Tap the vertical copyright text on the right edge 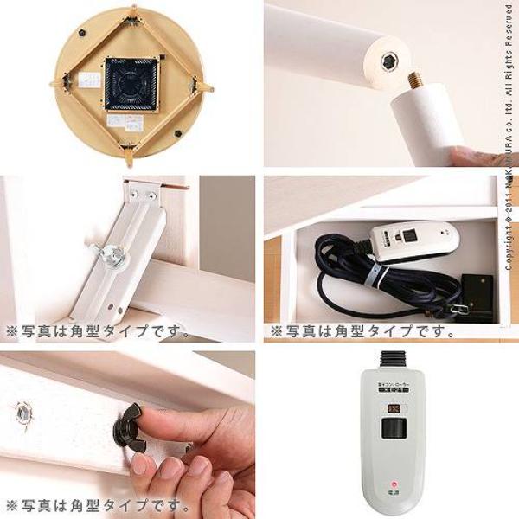click(x=509, y=147)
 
